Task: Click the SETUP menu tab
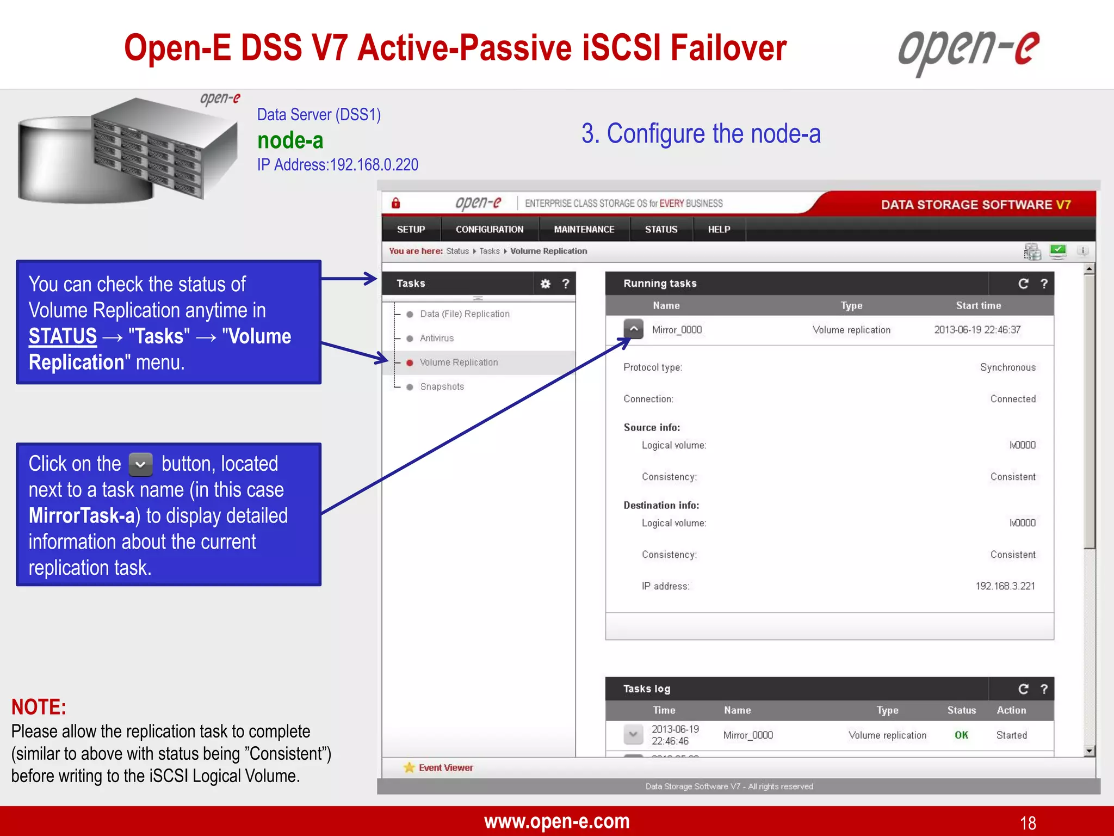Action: click(411, 230)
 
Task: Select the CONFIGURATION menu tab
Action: click(490, 230)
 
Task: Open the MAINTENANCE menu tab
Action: click(584, 230)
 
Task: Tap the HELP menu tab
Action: click(719, 230)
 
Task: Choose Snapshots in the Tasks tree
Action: click(442, 386)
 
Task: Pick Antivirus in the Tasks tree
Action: click(436, 338)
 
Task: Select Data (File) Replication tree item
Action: click(465, 314)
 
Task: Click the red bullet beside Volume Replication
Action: click(410, 362)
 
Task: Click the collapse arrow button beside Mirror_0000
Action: click(634, 329)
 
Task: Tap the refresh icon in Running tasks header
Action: click(1023, 284)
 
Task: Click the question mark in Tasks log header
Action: click(1044, 689)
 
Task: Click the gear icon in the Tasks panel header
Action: click(545, 284)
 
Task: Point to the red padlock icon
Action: click(396, 203)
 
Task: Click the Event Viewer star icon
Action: click(409, 767)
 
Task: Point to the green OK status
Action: click(961, 735)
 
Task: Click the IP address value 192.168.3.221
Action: click(1005, 586)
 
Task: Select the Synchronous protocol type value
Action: click(1007, 367)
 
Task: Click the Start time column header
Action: click(978, 305)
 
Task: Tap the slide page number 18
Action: click(1028, 822)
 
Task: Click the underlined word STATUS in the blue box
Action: click(63, 336)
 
